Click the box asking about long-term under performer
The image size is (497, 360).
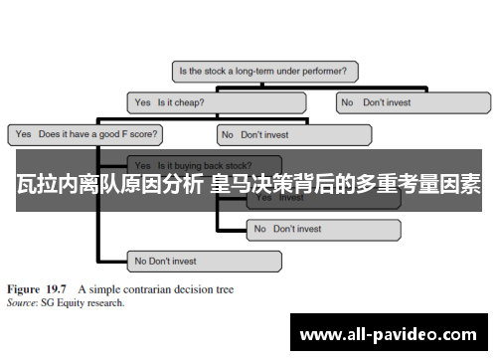click(x=265, y=72)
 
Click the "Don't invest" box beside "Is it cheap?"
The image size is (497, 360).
click(x=413, y=102)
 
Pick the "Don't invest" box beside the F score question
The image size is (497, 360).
click(x=294, y=133)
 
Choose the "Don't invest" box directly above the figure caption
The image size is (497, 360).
click(x=204, y=262)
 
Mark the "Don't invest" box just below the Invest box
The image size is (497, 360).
click(x=322, y=230)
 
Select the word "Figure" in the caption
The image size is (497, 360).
click(x=26, y=289)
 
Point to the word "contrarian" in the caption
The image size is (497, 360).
click(x=140, y=289)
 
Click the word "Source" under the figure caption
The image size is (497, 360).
click(x=22, y=302)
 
